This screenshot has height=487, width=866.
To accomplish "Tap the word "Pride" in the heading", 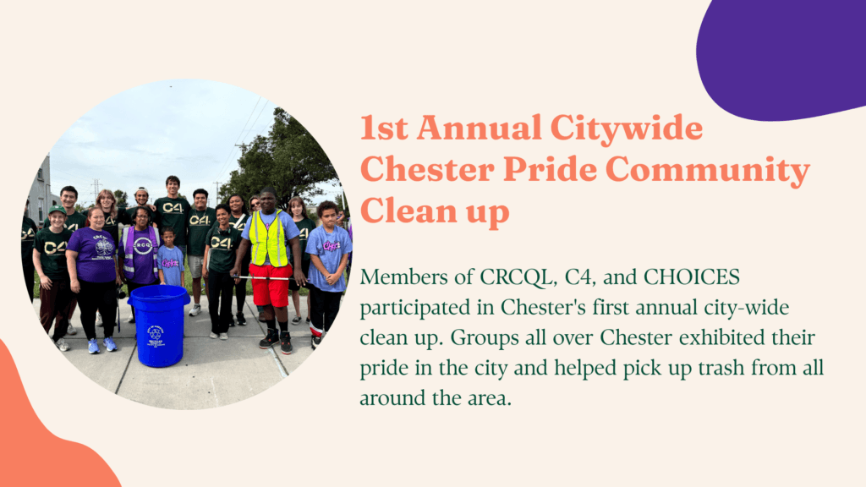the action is (550, 169).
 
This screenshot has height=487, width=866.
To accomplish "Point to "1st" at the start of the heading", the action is (384, 128).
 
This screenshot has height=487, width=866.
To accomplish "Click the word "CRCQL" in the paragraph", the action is (517, 277).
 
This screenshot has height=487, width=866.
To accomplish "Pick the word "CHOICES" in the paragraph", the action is (692, 276).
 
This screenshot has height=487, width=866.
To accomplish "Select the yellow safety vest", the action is (268, 238).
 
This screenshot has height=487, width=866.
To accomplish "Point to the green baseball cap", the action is (57, 210).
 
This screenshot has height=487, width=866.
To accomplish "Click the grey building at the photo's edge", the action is (39, 190).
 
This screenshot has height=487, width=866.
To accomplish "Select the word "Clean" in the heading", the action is (408, 211).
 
